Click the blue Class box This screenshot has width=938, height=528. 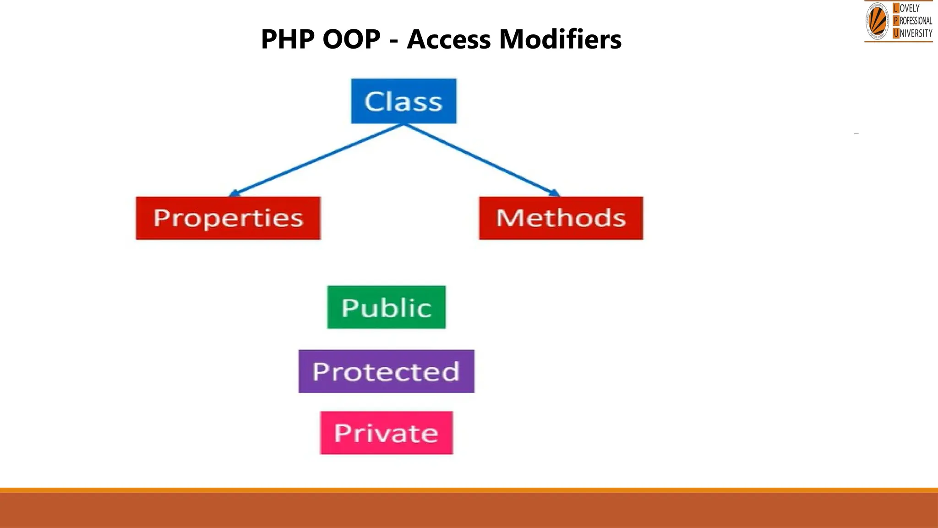click(404, 101)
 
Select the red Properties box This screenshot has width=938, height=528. click(228, 218)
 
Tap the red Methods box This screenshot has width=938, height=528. click(561, 218)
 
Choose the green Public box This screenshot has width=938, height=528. click(387, 307)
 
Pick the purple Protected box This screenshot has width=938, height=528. click(386, 371)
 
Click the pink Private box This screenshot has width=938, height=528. click(386, 433)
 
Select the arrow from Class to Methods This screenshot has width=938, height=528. click(481, 159)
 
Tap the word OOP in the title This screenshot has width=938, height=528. click(351, 39)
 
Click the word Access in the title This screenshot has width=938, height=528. click(448, 39)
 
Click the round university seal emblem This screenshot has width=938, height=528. click(877, 21)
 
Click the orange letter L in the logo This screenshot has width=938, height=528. click(896, 8)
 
